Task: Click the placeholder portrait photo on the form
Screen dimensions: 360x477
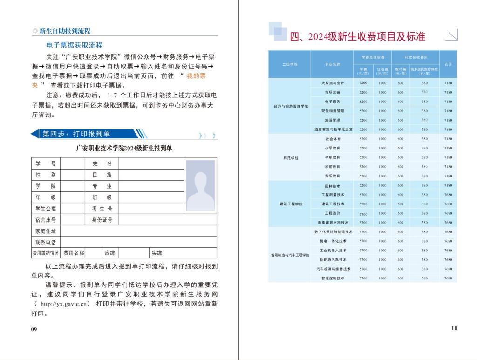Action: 200,185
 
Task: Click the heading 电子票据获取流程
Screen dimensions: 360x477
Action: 75,45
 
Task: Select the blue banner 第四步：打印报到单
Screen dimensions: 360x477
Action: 77,134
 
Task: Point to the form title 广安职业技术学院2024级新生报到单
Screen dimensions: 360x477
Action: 124,149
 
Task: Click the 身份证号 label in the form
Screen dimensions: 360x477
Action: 102,220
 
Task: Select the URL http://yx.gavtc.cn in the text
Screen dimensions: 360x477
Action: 65,304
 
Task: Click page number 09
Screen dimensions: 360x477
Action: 34,329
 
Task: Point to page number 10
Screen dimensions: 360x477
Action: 454,328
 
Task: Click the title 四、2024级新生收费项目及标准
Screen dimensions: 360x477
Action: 358,36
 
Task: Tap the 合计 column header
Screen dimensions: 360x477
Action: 448,64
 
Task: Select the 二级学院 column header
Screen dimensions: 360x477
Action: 290,64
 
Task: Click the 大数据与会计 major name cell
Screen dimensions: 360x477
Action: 333,83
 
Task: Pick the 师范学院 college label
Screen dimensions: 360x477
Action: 291,158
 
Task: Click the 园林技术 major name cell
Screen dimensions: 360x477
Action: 333,186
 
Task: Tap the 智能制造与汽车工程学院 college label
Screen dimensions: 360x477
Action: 291,255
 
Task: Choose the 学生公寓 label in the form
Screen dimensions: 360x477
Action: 46,209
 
